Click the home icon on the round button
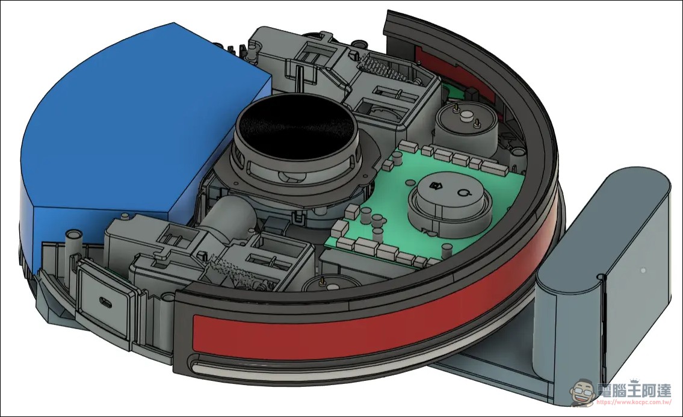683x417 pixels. tap(434, 186)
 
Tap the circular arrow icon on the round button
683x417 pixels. tap(463, 193)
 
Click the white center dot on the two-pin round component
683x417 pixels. tap(466, 116)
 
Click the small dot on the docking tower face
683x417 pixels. tap(643, 271)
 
